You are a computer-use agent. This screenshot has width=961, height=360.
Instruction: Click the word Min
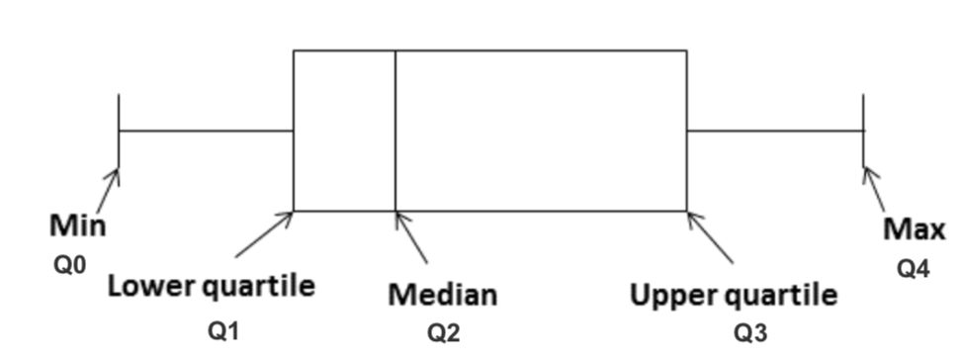[78, 226]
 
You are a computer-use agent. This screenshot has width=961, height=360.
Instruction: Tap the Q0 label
[63, 266]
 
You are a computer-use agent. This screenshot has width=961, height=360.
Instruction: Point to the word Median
[442, 295]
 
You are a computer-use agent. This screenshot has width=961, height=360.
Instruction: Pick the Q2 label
[443, 333]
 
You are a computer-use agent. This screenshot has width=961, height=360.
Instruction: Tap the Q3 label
[750, 333]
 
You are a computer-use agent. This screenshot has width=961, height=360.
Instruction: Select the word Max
[915, 230]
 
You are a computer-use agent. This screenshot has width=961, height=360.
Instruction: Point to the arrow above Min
[108, 190]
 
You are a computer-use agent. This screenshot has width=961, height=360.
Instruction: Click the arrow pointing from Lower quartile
[263, 234]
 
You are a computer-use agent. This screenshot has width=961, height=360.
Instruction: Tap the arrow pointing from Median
[411, 237]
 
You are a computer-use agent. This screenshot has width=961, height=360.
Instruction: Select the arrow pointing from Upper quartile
[711, 237]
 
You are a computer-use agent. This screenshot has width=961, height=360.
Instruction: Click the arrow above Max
[874, 189]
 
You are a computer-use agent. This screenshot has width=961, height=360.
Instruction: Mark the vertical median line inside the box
[395, 129]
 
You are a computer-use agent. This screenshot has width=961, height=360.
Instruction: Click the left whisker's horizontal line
[206, 131]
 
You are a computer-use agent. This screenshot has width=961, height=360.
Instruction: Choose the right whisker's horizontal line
[775, 131]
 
